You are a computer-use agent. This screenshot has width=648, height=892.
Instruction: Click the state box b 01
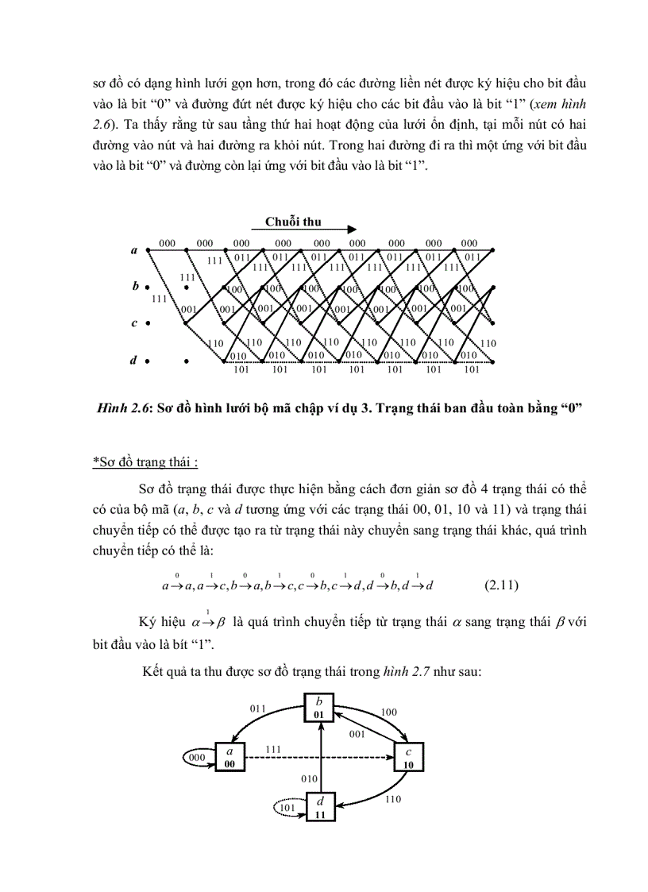(319, 707)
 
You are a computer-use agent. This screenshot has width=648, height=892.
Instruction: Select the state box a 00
(230, 757)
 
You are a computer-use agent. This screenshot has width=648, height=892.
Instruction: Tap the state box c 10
(409, 757)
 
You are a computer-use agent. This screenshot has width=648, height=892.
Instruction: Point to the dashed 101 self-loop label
(288, 808)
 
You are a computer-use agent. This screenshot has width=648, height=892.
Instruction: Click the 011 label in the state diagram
(259, 708)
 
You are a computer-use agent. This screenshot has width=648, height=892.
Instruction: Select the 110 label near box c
(392, 799)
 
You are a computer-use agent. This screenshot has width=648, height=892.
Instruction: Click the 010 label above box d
(308, 779)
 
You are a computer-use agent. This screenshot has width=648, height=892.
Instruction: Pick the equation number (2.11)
(501, 586)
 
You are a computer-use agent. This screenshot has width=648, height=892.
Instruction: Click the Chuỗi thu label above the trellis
(293, 222)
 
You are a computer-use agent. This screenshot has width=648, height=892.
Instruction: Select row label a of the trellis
(133, 250)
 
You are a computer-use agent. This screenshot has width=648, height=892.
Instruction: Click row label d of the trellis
(133, 360)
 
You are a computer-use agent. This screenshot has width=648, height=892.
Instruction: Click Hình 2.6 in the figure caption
(120, 410)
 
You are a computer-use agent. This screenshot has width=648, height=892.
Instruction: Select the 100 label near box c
(388, 712)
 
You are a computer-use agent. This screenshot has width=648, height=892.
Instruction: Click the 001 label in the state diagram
(357, 734)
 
